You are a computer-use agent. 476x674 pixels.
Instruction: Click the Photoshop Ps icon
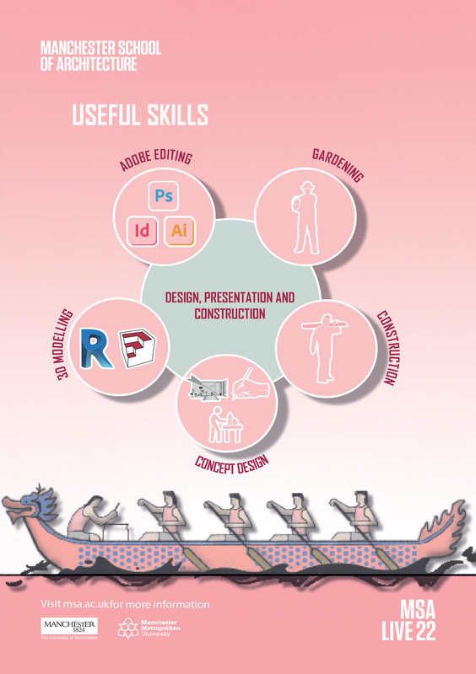point(163,196)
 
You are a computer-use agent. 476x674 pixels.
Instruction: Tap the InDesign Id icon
point(142,231)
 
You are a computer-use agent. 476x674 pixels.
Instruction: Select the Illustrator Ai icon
point(179,231)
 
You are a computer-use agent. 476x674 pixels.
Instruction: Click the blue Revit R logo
point(96,348)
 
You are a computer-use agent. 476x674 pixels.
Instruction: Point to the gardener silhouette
point(305,217)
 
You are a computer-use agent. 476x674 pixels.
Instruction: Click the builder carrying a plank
point(324,348)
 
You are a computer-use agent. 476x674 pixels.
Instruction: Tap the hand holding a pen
point(251,383)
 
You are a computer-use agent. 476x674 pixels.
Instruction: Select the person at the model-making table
point(225,425)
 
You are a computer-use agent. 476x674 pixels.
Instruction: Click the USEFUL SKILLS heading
point(140,115)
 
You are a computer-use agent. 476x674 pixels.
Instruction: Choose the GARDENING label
point(338,165)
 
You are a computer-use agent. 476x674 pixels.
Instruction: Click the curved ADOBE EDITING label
point(155,160)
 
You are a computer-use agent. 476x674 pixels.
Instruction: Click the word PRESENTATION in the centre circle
point(238,297)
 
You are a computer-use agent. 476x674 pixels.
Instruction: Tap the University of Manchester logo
point(69,629)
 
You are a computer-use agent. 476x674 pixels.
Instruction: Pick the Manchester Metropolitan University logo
point(149,628)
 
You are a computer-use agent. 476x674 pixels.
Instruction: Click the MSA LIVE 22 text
point(408,620)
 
